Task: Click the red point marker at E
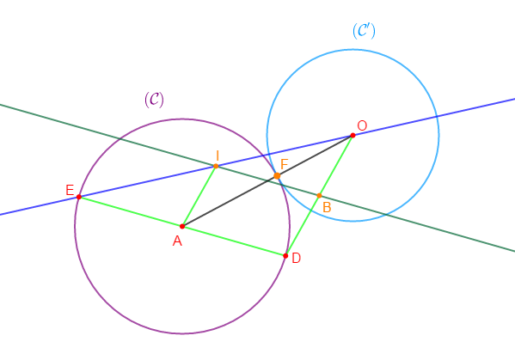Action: point(79,197)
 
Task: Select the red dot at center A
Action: point(182,226)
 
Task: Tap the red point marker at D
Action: point(285,256)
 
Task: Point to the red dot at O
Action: point(353,135)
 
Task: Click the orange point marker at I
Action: point(216,166)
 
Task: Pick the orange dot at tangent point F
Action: point(277,176)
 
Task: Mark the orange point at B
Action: point(319,196)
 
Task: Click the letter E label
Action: point(70,190)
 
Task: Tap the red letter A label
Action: point(177,241)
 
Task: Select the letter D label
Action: point(296,259)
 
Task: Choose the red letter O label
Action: point(362,125)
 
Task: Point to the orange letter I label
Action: point(218,156)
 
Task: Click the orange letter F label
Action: point(284,164)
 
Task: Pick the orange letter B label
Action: point(327,207)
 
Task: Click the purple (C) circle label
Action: point(154,100)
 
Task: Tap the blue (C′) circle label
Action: point(364,31)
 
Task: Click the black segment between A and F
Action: point(230,201)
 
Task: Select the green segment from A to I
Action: point(199,196)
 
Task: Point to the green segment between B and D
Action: point(302,226)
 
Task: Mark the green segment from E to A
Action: point(131,211)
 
